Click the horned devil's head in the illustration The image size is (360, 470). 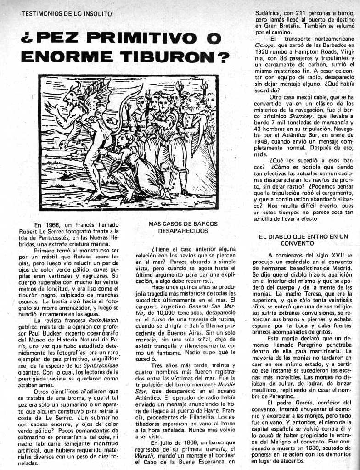73,95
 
